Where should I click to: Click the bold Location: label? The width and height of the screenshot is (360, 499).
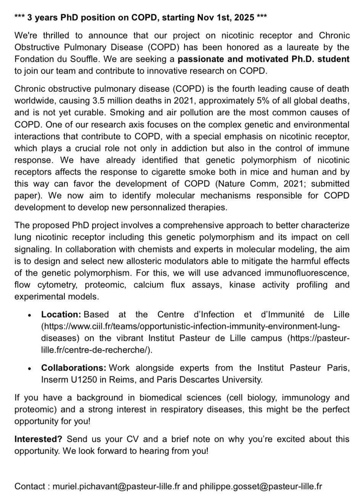click(61, 315)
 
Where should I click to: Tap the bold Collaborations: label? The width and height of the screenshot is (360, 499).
click(74, 368)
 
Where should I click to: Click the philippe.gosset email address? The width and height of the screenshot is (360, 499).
click(260, 486)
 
